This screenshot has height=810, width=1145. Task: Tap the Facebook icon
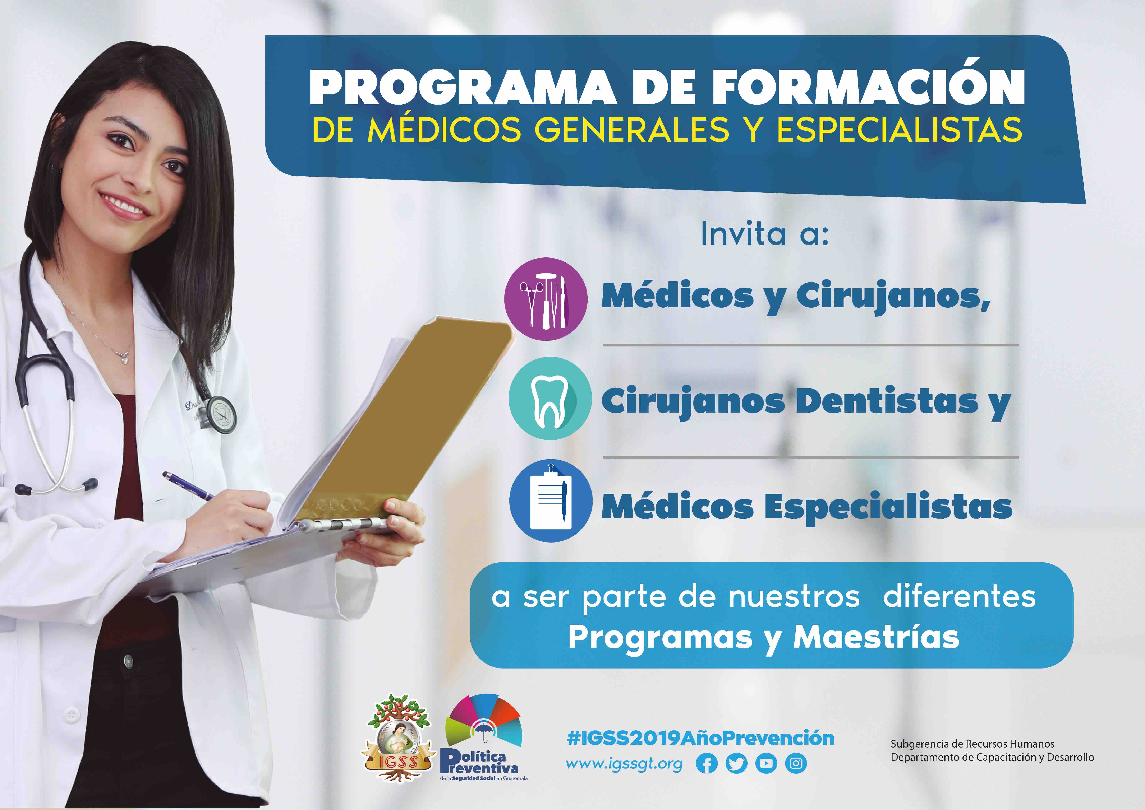coord(707,764)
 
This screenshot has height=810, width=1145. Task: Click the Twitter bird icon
coord(736,764)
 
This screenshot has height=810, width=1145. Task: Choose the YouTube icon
coord(766,764)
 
